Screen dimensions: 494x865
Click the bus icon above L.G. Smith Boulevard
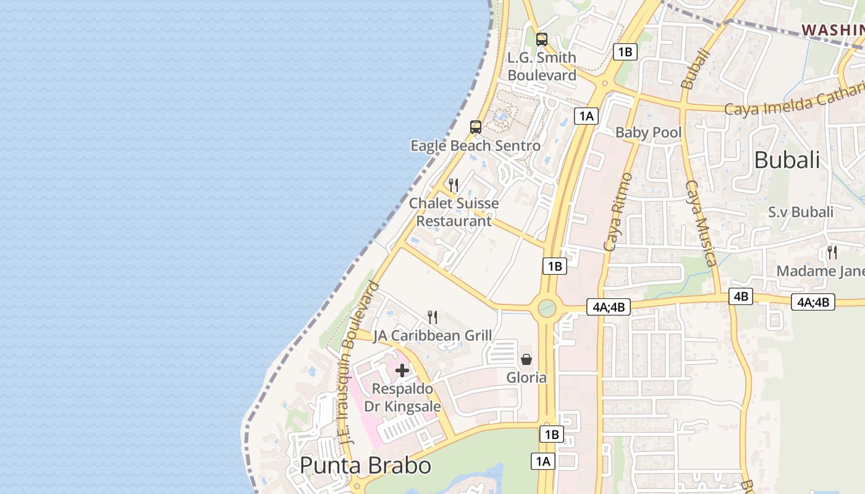[x=542, y=40]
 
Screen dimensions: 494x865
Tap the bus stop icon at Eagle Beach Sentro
[x=476, y=128]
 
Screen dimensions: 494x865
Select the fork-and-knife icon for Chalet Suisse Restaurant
[x=454, y=185]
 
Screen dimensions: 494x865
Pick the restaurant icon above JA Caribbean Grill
[x=432, y=317]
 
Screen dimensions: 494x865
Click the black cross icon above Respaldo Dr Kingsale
[x=402, y=371]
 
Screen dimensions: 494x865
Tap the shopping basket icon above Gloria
[x=526, y=359]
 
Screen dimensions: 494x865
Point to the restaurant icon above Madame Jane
[x=832, y=252]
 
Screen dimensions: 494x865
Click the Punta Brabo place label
[x=365, y=465]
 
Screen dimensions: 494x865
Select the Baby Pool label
[x=648, y=133]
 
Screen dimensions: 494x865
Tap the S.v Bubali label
[x=801, y=212]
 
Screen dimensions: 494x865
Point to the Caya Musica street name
[x=701, y=224]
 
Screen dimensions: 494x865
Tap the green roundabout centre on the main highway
[x=547, y=308]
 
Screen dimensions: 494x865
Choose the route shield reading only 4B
[x=741, y=296]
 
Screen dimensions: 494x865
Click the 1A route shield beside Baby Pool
[x=586, y=115]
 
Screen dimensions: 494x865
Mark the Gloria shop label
[x=526, y=377]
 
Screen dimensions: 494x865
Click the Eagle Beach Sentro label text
[x=476, y=146]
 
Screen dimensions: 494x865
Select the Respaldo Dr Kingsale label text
[x=402, y=398]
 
